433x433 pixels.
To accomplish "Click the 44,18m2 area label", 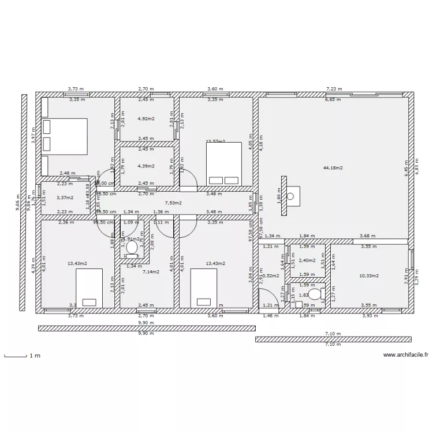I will point(333,168).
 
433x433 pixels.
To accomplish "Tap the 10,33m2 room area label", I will point(369,276).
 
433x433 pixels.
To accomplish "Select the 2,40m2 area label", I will point(307,260).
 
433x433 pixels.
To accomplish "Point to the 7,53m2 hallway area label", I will point(173,203).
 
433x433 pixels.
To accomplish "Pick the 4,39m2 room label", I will point(145,166).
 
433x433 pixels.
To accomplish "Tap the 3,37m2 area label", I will point(65,197).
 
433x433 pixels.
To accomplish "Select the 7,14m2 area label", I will point(151,271).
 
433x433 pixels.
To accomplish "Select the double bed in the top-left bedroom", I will point(65,136).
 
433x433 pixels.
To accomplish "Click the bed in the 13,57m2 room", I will point(223,163).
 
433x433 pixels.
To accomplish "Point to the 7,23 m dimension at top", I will point(334,89).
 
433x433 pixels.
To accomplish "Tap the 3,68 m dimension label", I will point(367,236).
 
